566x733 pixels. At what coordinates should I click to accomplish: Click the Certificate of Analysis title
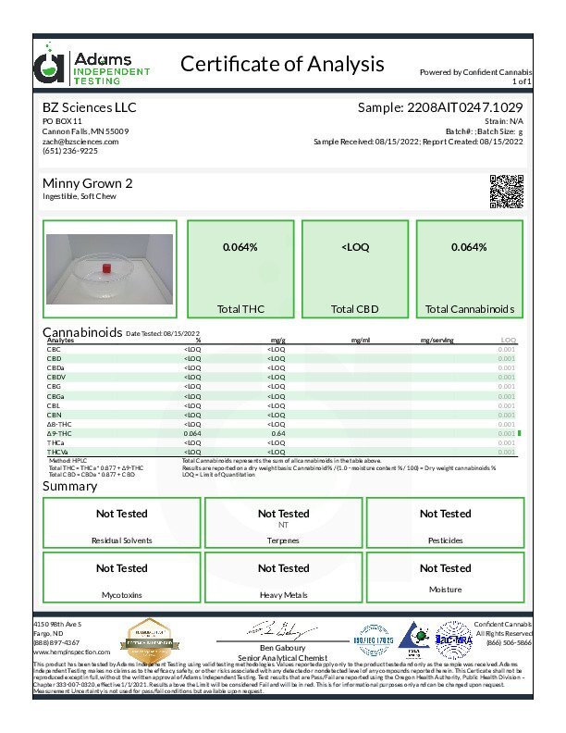282,64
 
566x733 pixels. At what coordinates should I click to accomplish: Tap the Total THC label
240,308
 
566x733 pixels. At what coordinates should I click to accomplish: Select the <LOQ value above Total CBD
355,248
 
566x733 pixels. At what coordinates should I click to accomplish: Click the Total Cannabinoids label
470,308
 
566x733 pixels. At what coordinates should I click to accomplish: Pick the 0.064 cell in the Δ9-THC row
192,433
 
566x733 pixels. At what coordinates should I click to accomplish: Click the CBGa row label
55,396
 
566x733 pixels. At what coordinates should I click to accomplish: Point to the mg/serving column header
437,341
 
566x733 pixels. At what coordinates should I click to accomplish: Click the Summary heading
69,487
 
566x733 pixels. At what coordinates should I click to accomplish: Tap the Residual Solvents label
121,540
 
